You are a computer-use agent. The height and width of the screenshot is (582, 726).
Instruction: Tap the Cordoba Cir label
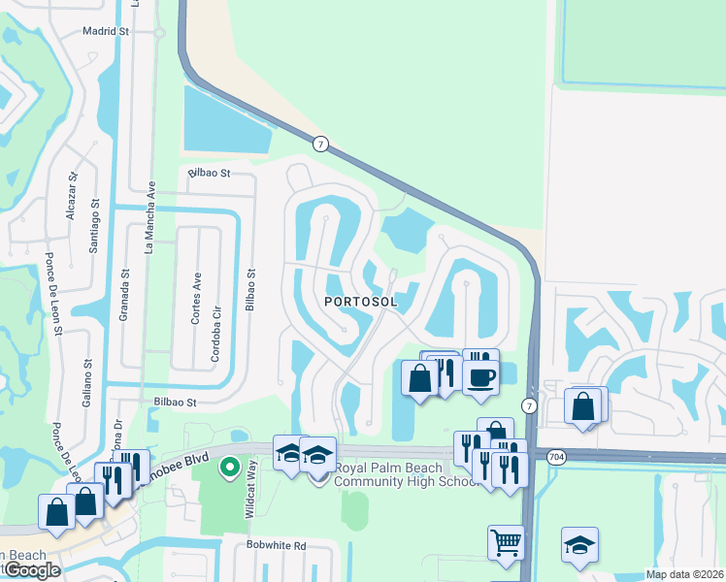coord(215,310)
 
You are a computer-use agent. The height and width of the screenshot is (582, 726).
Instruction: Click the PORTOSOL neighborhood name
coord(360,302)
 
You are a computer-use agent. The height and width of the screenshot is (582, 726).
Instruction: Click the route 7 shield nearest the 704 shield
coord(529,404)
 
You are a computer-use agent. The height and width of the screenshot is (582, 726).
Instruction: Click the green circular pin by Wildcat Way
coord(230,469)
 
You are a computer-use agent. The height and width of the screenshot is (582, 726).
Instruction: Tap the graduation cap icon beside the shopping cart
coord(578,545)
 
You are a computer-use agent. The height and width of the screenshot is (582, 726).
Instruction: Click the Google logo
coord(31,570)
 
